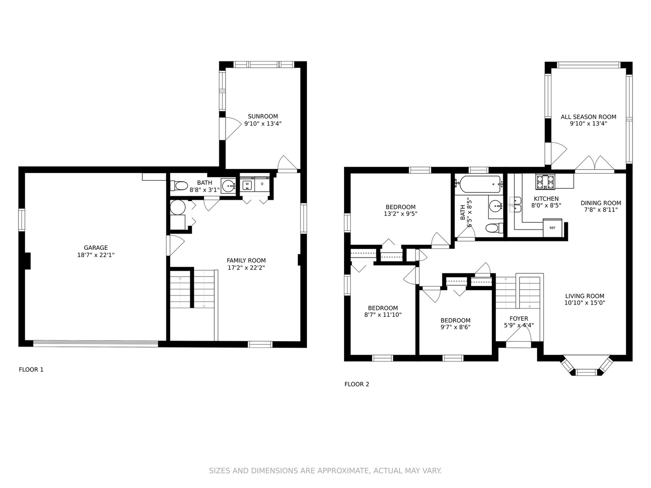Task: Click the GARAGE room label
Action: pyautogui.click(x=95, y=248)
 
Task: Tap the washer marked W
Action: pyautogui.click(x=247, y=184)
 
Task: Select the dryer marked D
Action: pyautogui.click(x=262, y=184)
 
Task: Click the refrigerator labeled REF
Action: pyautogui.click(x=552, y=228)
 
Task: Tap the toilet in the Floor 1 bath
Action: pyautogui.click(x=179, y=186)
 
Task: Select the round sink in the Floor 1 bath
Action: pyautogui.click(x=228, y=186)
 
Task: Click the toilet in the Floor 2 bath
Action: pyautogui.click(x=494, y=228)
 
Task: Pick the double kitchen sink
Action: pyautogui.click(x=515, y=205)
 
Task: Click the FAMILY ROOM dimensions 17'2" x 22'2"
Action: pyautogui.click(x=246, y=268)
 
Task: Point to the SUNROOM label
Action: pyautogui.click(x=263, y=117)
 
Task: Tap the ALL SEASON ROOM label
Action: pyautogui.click(x=589, y=117)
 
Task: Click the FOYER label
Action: pyautogui.click(x=519, y=319)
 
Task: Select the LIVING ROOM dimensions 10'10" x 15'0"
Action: pyautogui.click(x=585, y=303)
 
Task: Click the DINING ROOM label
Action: pyautogui.click(x=600, y=203)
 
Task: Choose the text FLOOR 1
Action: pyautogui.click(x=31, y=370)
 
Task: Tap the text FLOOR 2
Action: pyautogui.click(x=357, y=384)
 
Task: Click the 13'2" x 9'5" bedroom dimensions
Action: pyautogui.click(x=401, y=214)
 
